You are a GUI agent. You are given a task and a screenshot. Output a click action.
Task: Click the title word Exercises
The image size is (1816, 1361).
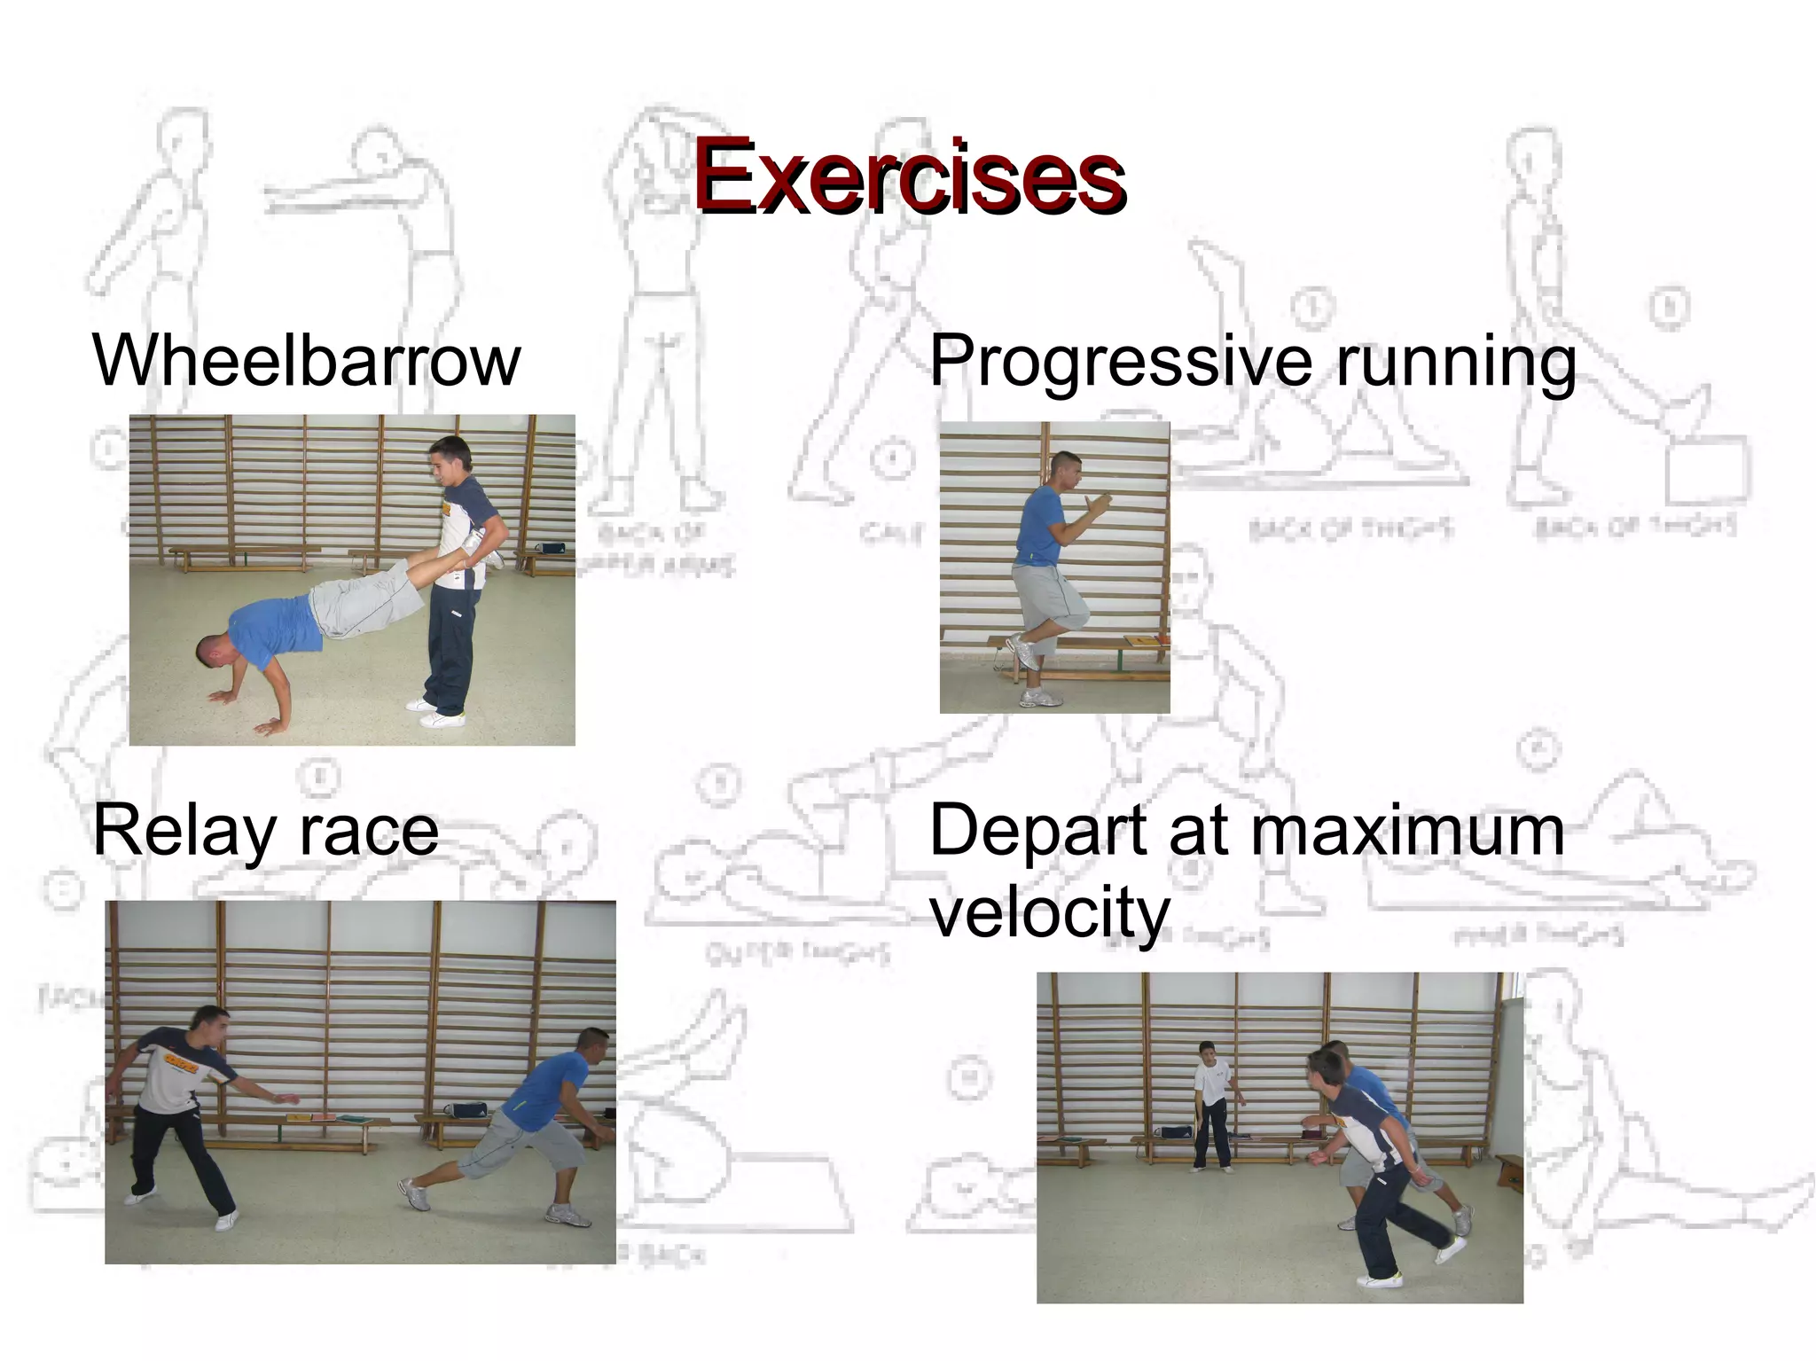[x=909, y=176]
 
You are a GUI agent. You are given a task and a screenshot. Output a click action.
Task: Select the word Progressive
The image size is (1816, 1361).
[x=1120, y=362]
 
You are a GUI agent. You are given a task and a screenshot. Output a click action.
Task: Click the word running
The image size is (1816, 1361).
[x=1456, y=362]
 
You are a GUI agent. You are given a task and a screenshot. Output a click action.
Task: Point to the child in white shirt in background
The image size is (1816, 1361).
[x=1211, y=1104]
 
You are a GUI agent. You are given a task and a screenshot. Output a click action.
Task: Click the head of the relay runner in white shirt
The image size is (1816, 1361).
[x=210, y=1027]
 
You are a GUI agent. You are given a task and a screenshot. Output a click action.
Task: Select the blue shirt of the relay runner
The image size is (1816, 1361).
[x=550, y=1091]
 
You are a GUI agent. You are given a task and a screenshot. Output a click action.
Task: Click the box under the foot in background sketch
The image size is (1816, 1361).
[x=1706, y=470]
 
